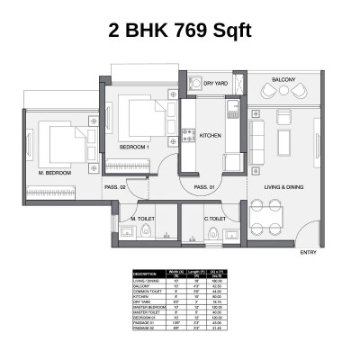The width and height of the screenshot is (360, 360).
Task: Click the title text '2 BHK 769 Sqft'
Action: pos(180,30)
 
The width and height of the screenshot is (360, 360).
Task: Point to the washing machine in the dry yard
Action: pos(195,82)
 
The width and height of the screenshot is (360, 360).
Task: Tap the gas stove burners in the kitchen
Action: pos(189,136)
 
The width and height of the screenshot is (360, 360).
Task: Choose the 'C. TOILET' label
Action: pos(213,219)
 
